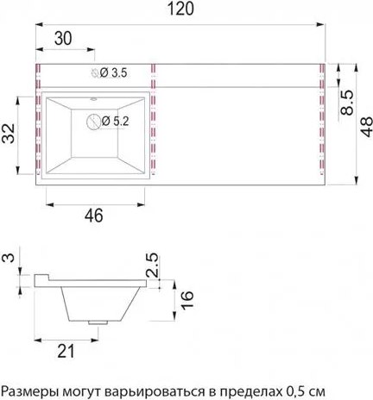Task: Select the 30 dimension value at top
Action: [x=61, y=38]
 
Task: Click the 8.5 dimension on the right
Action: [x=345, y=100]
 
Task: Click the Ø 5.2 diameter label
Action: [x=117, y=121]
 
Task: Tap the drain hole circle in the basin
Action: [x=92, y=122]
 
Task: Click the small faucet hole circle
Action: [x=94, y=75]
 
